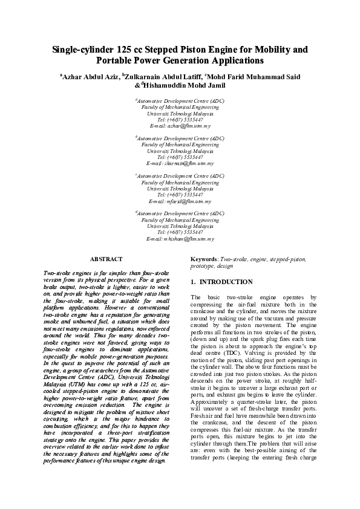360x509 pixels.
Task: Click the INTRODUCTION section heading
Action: point(226,282)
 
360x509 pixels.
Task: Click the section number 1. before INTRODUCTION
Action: point(193,282)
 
